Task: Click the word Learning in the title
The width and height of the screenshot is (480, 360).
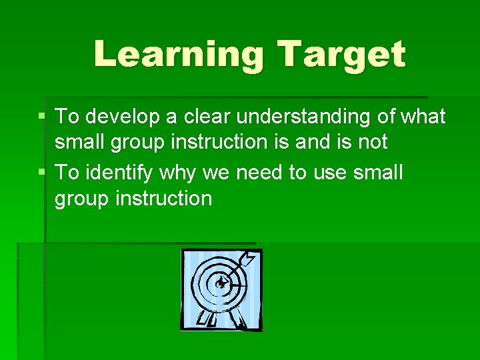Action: tap(179, 54)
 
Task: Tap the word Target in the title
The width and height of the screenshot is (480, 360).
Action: tap(341, 54)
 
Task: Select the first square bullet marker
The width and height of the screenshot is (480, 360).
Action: tap(42, 117)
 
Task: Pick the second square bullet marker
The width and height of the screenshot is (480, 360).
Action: tap(42, 173)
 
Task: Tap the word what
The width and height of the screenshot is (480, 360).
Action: tap(423, 117)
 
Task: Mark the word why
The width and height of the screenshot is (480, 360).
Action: tap(179, 173)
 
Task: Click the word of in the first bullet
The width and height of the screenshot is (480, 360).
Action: tap(387, 117)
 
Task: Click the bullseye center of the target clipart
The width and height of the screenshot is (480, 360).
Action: tap(220, 283)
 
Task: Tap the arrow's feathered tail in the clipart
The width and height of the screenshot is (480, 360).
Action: tap(248, 258)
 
